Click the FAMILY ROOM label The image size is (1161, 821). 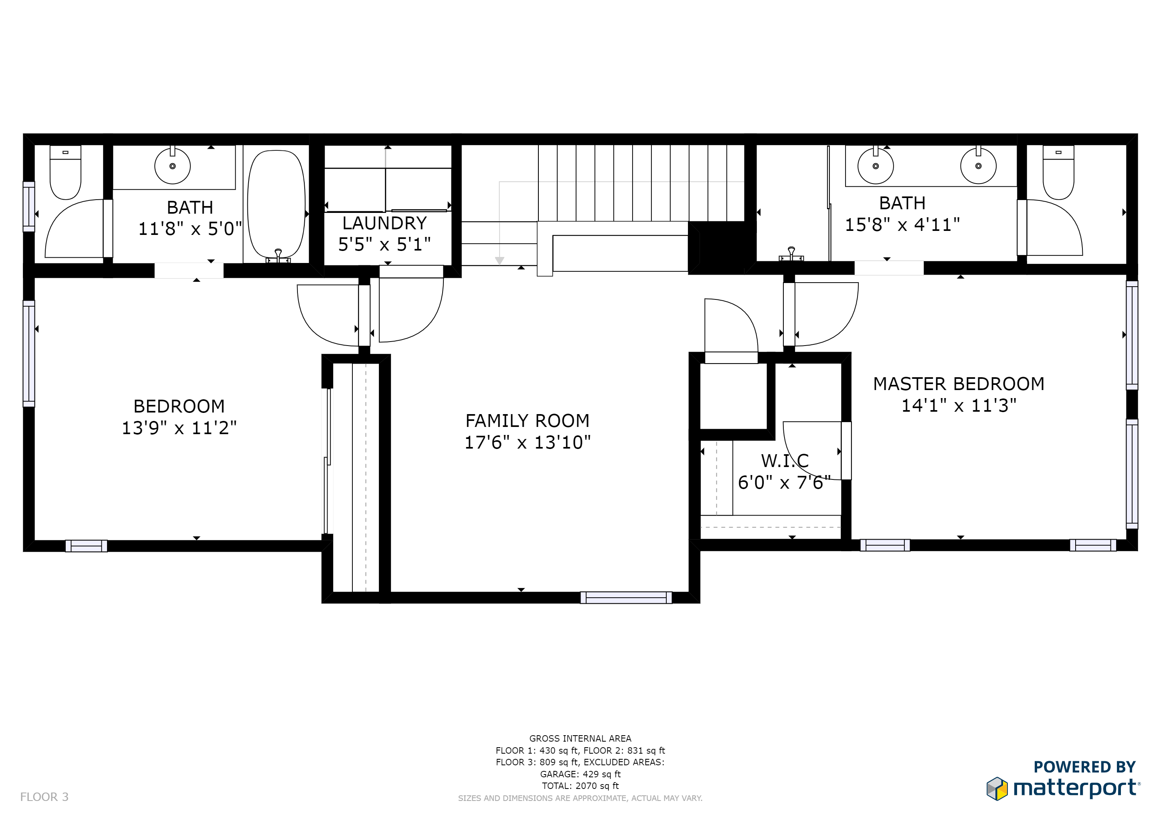528,421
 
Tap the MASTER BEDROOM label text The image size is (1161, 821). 959,384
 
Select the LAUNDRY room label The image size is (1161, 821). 384,223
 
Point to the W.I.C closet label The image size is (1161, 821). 785,461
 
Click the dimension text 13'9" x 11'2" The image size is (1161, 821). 179,428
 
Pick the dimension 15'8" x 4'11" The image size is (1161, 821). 902,224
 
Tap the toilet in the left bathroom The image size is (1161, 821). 65,172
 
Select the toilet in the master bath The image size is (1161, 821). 1058,172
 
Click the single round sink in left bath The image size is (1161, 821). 172,166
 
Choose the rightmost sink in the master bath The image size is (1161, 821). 979,166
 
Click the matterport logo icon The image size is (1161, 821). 997,789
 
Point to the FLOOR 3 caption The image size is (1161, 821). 44,797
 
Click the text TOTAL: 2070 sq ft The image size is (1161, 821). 580,786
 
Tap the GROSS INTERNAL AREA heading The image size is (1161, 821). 580,738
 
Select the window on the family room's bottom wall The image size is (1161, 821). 626,598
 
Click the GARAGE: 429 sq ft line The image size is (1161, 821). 580,774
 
